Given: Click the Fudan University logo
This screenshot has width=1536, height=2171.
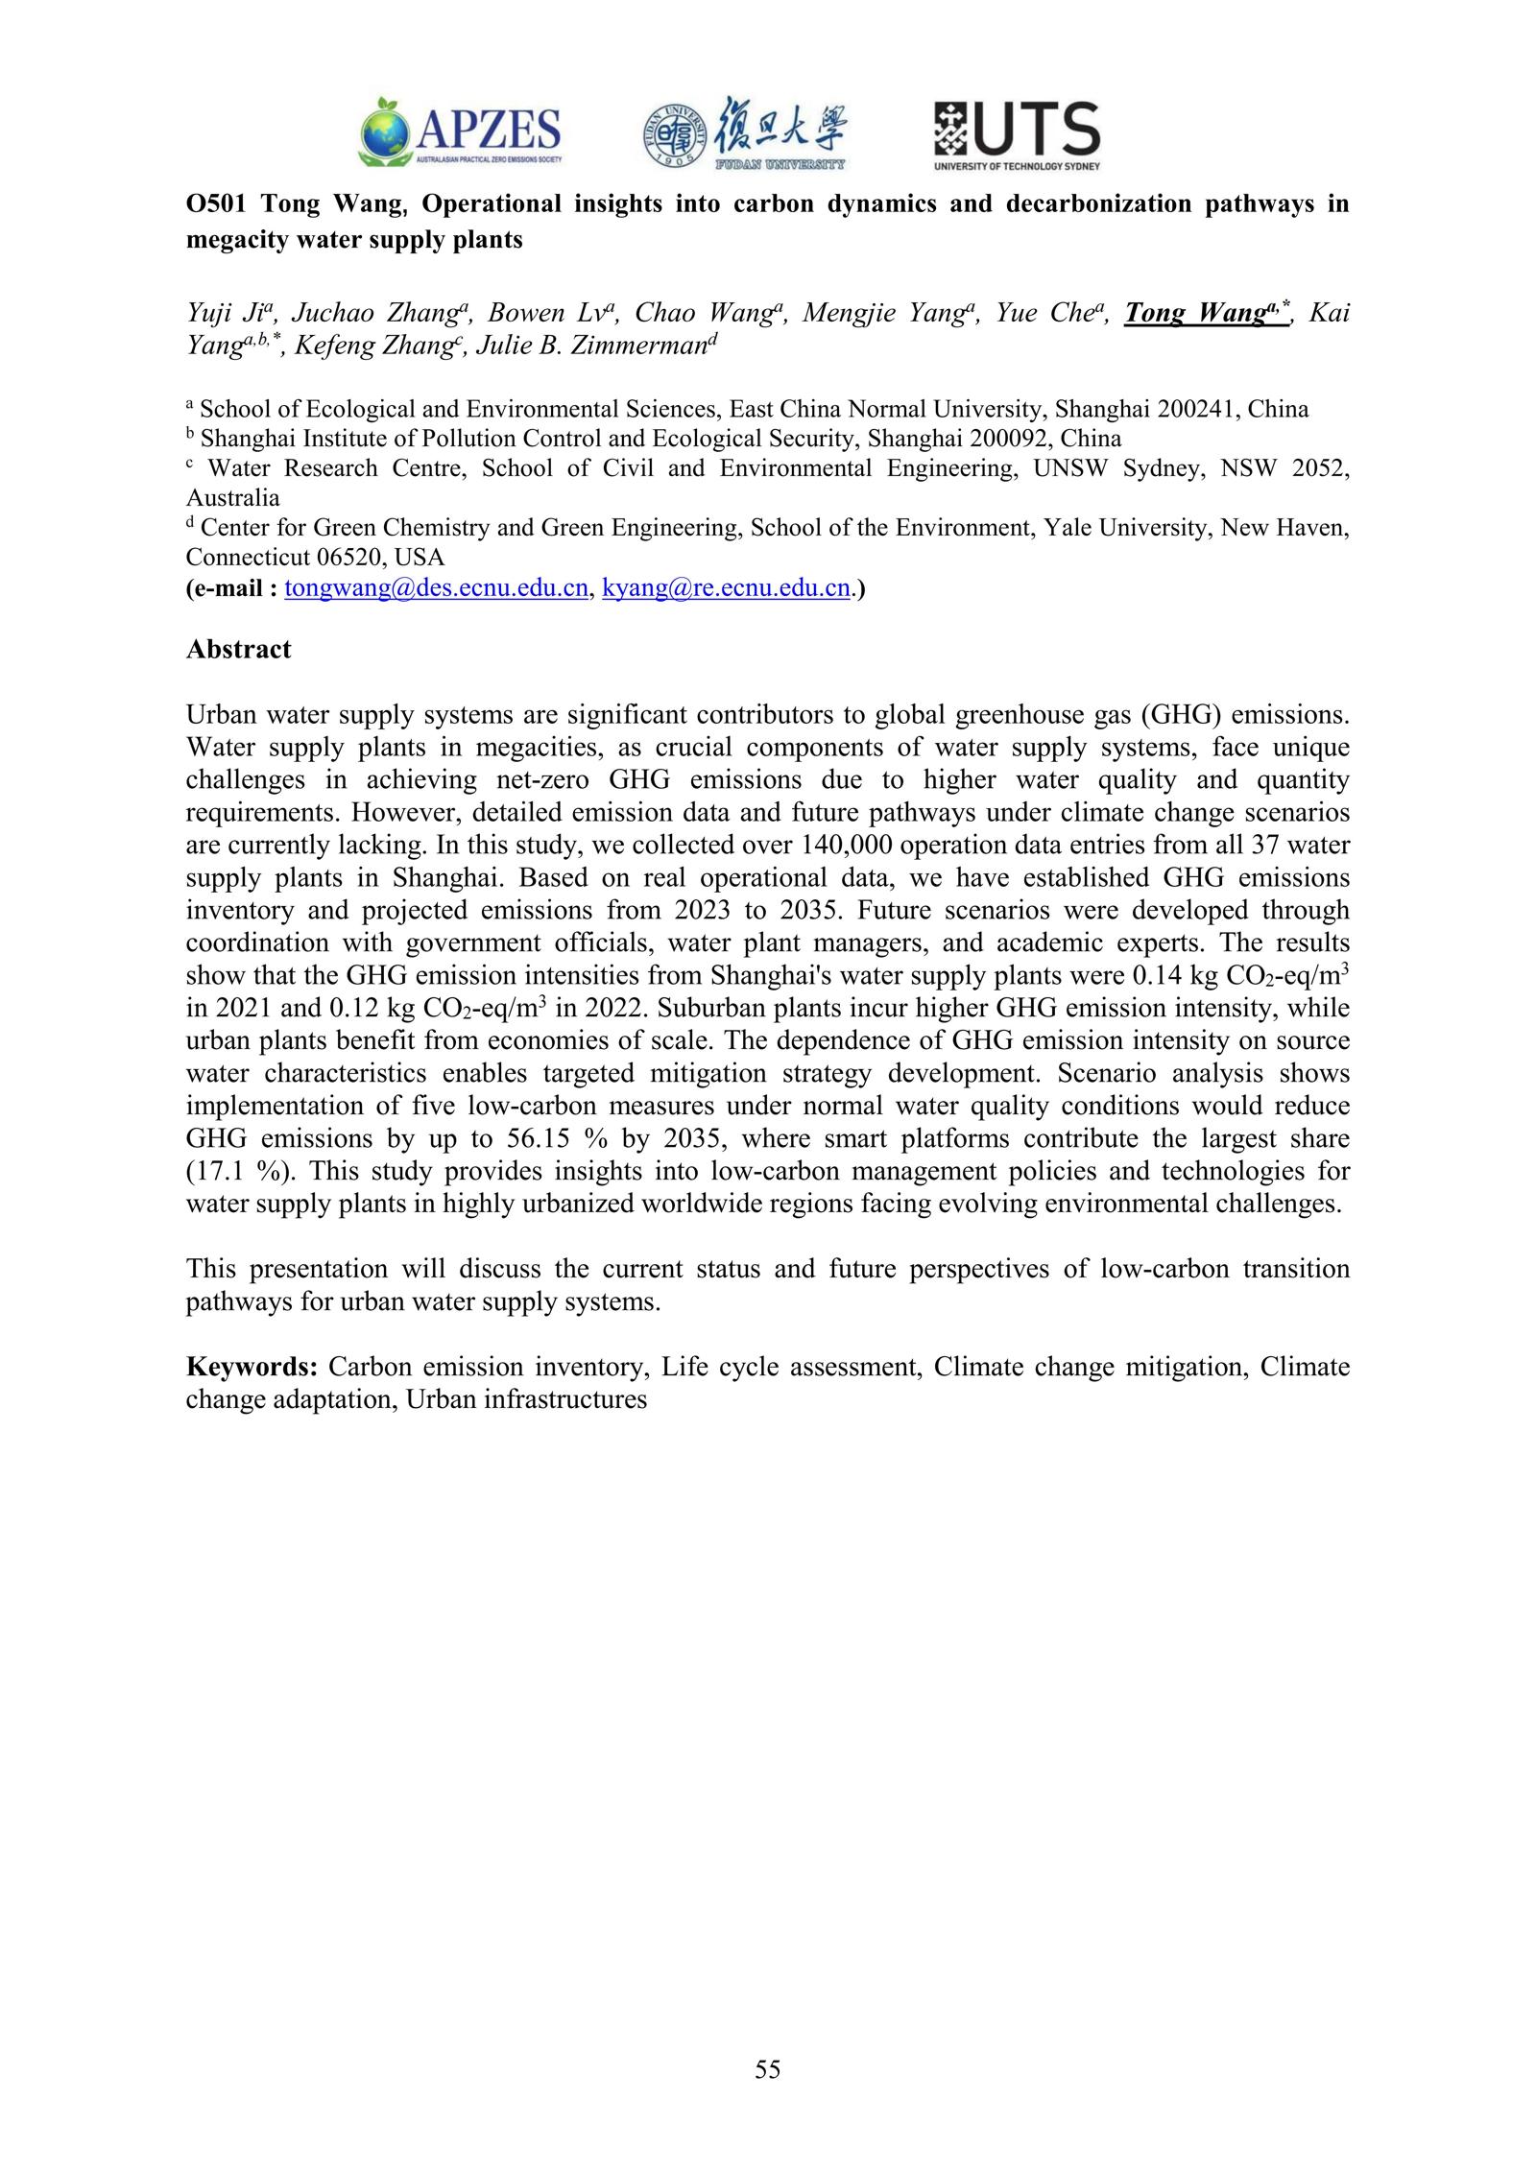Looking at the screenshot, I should coord(745,133).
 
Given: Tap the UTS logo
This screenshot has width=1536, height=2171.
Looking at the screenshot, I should coord(1017,135).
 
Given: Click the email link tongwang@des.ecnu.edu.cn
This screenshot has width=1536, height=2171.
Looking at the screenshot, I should coord(436,588).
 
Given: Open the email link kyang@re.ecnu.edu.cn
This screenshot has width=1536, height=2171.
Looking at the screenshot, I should coord(726,588).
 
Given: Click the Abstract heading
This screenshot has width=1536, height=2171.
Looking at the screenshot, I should coord(238,650).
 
